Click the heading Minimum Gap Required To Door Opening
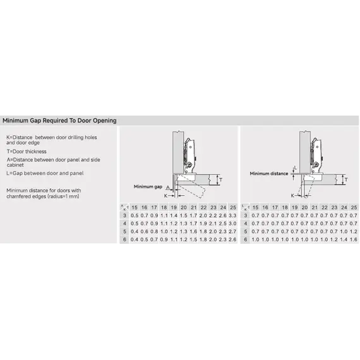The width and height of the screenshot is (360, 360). pos(59,120)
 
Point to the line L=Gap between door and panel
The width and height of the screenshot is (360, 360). pos(45,172)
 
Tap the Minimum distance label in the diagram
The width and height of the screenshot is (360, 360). pos(268,173)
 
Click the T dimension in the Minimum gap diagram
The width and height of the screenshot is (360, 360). pos(220,180)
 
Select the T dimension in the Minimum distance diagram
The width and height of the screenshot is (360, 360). pos(345,180)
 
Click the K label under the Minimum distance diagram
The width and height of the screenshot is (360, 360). pos(292,196)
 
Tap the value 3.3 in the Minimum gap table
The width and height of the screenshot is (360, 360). pos(232,215)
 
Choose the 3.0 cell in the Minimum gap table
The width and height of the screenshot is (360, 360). pos(232,224)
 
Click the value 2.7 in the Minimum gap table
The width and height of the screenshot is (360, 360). pos(232,231)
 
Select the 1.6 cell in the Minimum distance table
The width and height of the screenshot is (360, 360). pos(354,239)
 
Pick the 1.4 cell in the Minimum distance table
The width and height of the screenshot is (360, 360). pos(344,239)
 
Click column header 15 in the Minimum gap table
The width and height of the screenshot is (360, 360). pos(135,208)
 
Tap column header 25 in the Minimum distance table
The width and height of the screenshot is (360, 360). pos(354,208)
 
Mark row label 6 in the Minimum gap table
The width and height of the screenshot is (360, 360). pos(124,239)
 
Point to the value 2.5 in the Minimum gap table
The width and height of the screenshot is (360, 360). pos(222,224)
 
